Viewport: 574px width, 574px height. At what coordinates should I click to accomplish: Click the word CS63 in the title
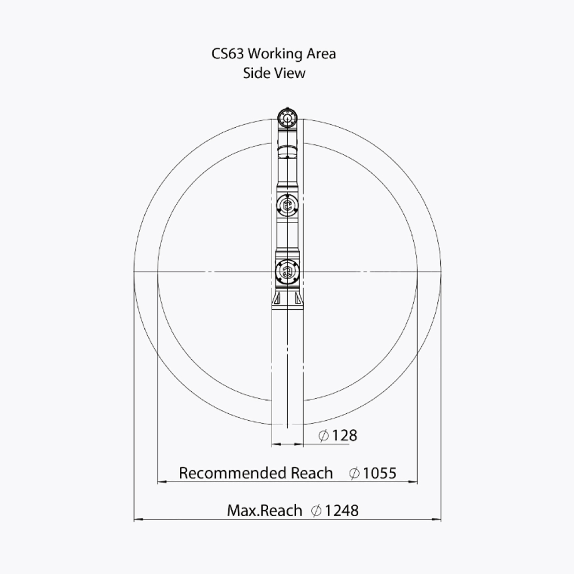pyautogui.click(x=228, y=54)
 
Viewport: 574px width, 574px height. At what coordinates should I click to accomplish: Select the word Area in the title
pyautogui.click(x=321, y=54)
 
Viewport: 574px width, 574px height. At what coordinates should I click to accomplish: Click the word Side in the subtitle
pyautogui.click(x=255, y=73)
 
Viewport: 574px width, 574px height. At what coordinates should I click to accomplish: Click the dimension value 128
pyautogui.click(x=344, y=436)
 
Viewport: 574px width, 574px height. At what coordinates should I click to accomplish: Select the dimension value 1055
pyautogui.click(x=380, y=473)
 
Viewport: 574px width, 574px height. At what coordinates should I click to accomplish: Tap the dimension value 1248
pyautogui.click(x=342, y=511)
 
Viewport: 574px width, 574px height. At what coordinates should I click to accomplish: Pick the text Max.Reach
pyautogui.click(x=265, y=511)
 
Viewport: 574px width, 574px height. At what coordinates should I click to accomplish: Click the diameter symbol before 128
pyautogui.click(x=323, y=436)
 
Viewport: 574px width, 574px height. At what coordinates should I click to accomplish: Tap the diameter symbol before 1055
pyautogui.click(x=354, y=473)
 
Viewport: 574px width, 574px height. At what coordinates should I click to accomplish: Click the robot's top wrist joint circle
pyautogui.click(x=287, y=118)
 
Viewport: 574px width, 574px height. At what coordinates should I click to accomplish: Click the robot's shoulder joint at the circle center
pyautogui.click(x=287, y=271)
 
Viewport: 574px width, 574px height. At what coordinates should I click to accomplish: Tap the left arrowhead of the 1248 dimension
pyautogui.click(x=138, y=519)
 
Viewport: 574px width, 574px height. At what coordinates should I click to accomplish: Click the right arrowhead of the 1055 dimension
pyautogui.click(x=413, y=482)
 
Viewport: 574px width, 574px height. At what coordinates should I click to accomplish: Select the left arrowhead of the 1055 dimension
pyautogui.click(x=162, y=482)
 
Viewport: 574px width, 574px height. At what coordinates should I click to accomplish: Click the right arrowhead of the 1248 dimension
pyautogui.click(x=436, y=519)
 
